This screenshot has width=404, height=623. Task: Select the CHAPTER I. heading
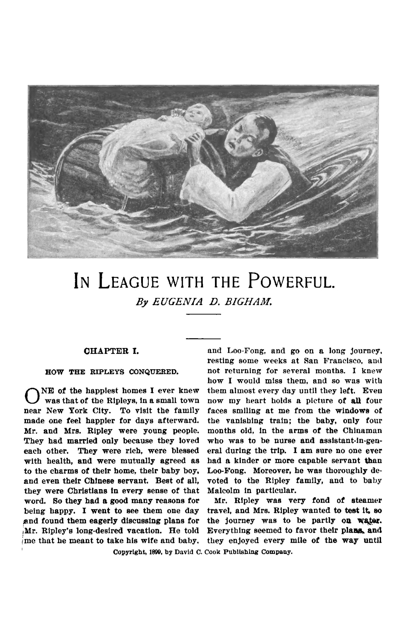click(111, 351)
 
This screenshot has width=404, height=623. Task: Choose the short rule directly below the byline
click(203, 315)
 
